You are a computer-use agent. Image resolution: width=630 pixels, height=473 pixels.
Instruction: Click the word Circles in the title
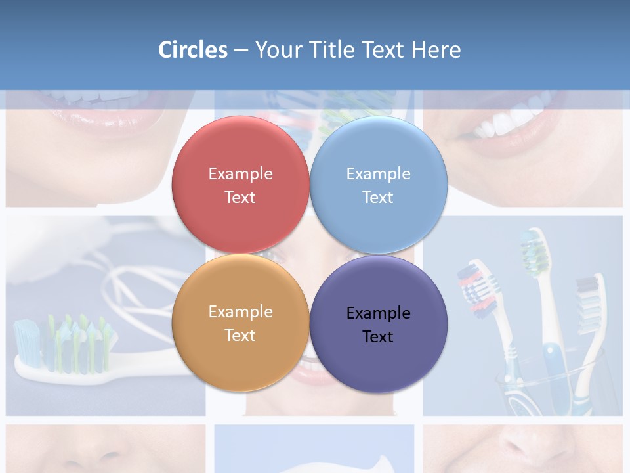pyautogui.click(x=192, y=50)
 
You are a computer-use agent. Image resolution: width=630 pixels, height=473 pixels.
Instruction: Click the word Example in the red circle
pyautogui.click(x=240, y=174)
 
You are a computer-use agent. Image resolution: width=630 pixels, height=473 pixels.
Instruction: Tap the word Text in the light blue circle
pyautogui.click(x=378, y=198)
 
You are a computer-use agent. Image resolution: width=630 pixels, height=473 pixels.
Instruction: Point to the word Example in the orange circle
pyautogui.click(x=240, y=312)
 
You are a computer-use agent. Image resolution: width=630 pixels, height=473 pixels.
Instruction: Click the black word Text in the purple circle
pyautogui.click(x=378, y=337)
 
